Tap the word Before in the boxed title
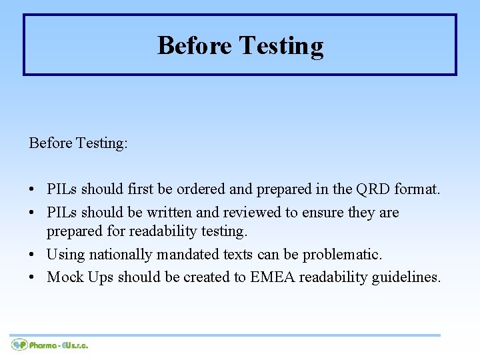[x=194, y=46]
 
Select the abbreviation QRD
[x=371, y=189]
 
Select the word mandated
[x=189, y=255]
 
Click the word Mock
[x=65, y=277]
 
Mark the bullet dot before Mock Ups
[x=33, y=277]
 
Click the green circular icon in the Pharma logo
[x=19, y=345]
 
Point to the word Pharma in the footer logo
[x=43, y=345]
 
